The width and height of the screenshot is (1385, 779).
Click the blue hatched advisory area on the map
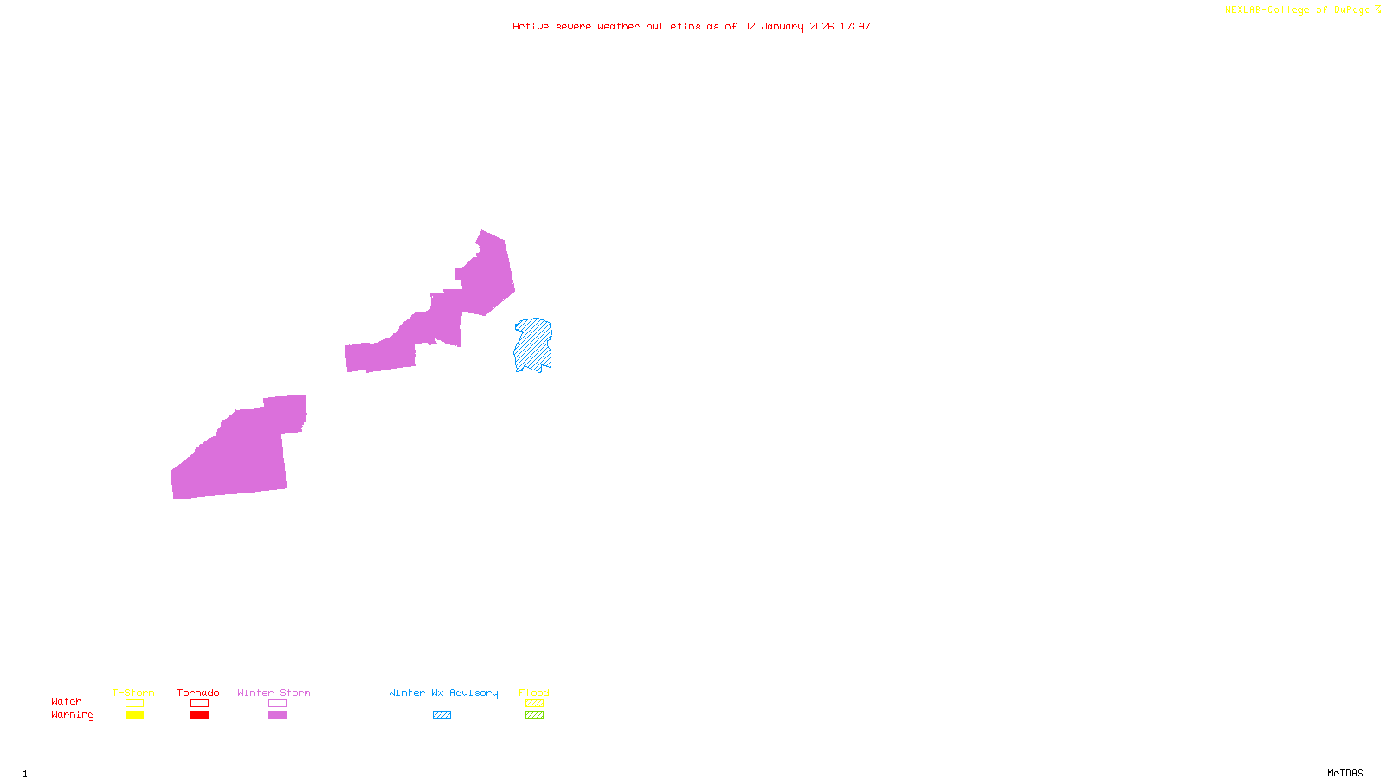click(x=532, y=344)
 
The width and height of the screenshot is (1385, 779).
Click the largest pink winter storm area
click(x=238, y=454)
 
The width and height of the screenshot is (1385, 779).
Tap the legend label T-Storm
click(x=133, y=692)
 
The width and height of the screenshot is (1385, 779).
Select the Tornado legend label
click(x=198, y=692)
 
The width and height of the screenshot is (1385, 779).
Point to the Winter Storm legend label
click(x=274, y=692)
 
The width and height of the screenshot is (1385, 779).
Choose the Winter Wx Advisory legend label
click(x=443, y=692)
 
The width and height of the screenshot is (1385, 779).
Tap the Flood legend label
click(x=534, y=692)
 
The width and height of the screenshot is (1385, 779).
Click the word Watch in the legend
click(x=67, y=701)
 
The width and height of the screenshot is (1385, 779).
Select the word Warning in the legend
click(x=73, y=715)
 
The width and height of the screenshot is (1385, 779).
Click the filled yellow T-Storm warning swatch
click(x=134, y=716)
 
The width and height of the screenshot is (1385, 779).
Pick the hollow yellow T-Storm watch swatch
click(x=134, y=704)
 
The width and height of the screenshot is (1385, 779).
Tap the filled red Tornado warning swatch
click(x=199, y=716)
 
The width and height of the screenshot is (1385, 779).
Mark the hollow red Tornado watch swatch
click(x=199, y=704)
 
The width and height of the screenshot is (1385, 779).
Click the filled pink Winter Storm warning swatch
click(x=277, y=716)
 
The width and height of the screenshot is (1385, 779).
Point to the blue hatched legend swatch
click(x=441, y=716)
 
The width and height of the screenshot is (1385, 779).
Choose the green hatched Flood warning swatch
click(x=534, y=716)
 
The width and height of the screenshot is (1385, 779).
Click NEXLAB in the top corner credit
click(x=1243, y=10)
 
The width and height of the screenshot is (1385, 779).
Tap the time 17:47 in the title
click(x=855, y=26)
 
